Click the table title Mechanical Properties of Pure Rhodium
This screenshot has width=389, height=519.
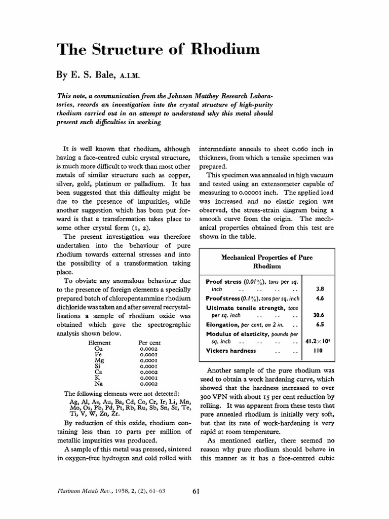266,262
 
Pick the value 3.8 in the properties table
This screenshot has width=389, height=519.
320,289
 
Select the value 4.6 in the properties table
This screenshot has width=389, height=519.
320,299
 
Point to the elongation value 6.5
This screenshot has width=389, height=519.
320,324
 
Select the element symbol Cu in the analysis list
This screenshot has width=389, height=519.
99,349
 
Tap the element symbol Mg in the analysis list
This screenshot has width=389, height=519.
99,360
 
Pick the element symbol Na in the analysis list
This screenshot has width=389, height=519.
99,383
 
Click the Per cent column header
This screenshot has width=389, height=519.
149,343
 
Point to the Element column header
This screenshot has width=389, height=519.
99,343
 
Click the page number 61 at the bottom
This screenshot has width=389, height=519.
198,490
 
